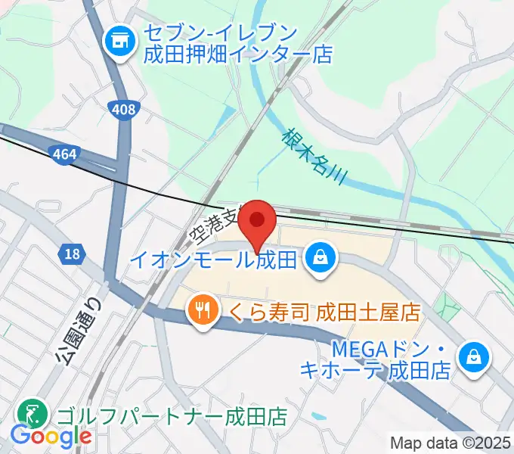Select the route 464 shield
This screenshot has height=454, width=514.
[x=65, y=155]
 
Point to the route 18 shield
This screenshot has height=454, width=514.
[x=73, y=254]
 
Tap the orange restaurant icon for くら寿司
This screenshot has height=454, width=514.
[x=202, y=310]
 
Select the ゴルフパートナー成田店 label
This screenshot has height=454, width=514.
[x=171, y=416]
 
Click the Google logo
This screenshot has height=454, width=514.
[x=51, y=436]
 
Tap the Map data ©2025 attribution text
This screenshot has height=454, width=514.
[x=451, y=442]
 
